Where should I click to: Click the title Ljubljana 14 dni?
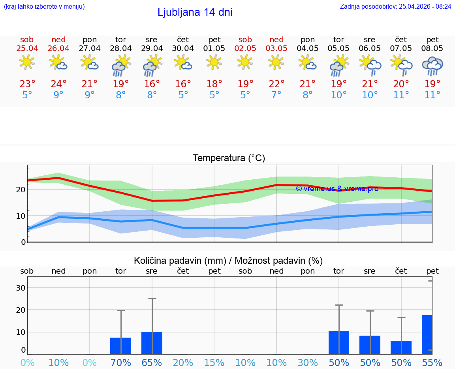[195, 12]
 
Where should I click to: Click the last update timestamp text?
[395, 7]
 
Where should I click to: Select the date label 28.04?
[120, 49]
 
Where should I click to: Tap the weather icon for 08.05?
[432, 66]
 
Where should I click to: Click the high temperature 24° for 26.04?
[58, 84]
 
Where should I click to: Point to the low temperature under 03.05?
[276, 95]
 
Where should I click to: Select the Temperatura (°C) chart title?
[229, 158]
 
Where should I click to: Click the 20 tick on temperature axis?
[21, 190]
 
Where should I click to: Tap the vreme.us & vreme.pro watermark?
[337, 189]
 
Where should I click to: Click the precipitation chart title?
[228, 261]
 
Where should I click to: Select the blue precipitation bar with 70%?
[120, 346]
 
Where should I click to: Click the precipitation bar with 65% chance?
[152, 343]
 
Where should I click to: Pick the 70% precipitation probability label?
[120, 362]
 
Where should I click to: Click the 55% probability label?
[432, 362]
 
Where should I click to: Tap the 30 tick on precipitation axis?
[21, 288]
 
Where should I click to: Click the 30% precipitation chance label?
[308, 362]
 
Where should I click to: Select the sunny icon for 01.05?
[214, 62]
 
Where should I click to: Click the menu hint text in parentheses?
[44, 7]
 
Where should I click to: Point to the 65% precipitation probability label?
[152, 362]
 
